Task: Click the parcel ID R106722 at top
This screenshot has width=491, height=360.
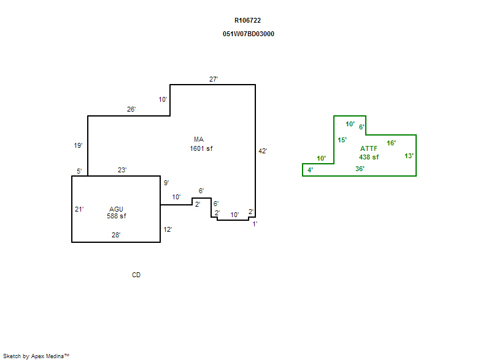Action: (x=247, y=20)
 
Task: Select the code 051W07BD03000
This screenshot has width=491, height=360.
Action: (x=249, y=34)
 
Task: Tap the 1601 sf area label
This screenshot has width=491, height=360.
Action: (x=201, y=148)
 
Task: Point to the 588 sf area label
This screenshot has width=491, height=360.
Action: (x=116, y=216)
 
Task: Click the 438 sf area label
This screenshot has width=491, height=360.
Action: (x=369, y=157)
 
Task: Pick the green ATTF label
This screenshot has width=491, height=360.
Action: (x=369, y=148)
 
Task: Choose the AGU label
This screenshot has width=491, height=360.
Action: (x=116, y=209)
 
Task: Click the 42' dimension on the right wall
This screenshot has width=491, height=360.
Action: (x=263, y=151)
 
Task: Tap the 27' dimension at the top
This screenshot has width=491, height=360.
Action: (x=214, y=79)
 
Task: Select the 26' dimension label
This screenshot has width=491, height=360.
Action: (x=131, y=109)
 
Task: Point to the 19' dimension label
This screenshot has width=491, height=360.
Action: (x=78, y=145)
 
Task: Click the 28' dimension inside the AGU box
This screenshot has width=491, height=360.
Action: (x=116, y=234)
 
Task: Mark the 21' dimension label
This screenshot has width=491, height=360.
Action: (x=79, y=209)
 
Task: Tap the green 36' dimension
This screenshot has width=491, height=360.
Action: (x=360, y=169)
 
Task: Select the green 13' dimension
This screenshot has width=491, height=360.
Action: (x=409, y=156)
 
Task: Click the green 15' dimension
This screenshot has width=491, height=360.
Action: (x=342, y=140)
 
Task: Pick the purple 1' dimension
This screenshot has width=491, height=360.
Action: (x=255, y=224)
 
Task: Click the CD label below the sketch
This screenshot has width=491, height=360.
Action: (x=136, y=275)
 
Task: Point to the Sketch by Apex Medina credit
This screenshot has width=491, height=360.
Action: (x=36, y=355)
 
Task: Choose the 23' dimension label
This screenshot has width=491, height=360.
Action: (x=122, y=170)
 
